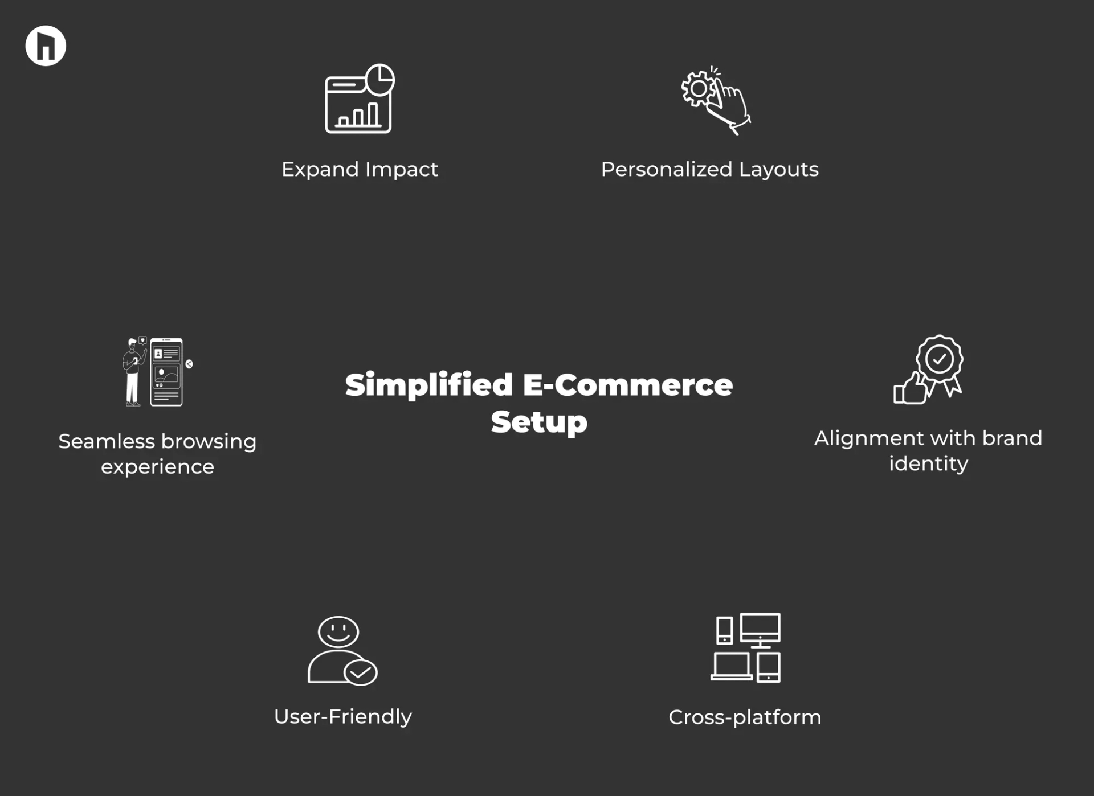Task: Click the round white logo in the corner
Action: click(46, 46)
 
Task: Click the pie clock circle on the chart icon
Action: click(380, 79)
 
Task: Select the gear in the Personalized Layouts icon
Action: click(698, 89)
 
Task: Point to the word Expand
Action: click(320, 170)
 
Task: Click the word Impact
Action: click(401, 169)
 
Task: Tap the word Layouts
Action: click(778, 169)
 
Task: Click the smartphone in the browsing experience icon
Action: click(166, 372)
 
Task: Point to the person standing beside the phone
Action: click(133, 372)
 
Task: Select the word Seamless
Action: click(107, 441)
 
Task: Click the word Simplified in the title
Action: click(428, 385)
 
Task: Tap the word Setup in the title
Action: click(538, 422)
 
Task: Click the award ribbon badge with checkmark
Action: click(940, 360)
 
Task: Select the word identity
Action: click(928, 463)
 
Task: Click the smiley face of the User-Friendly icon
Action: click(338, 631)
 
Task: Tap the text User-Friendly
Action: click(342, 716)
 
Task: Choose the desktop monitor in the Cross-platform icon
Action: click(760, 629)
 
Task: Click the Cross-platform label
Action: click(745, 717)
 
